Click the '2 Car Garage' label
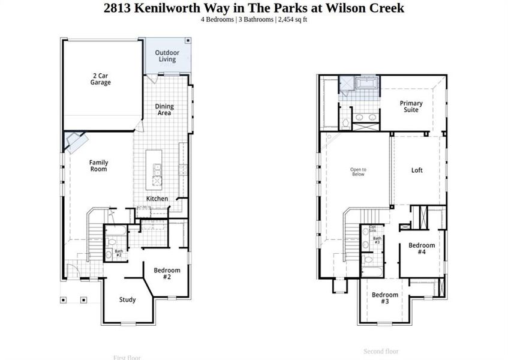coord(101,79)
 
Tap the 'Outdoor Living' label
coord(167,56)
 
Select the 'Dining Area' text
coord(164,110)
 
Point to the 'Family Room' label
coord(98,166)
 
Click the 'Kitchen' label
coord(157,199)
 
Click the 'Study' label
coord(127,299)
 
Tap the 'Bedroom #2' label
coord(167,274)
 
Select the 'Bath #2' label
coord(119,253)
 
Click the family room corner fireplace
coord(77,142)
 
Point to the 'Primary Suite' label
coord(411,107)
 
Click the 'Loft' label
coord(417,170)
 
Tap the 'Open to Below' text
coord(358,172)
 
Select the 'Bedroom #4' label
coord(422,248)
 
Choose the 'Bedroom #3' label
coord(384,298)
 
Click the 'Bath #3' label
coord(377,240)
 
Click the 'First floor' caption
coord(127,358)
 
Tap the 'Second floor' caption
coord(381,351)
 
